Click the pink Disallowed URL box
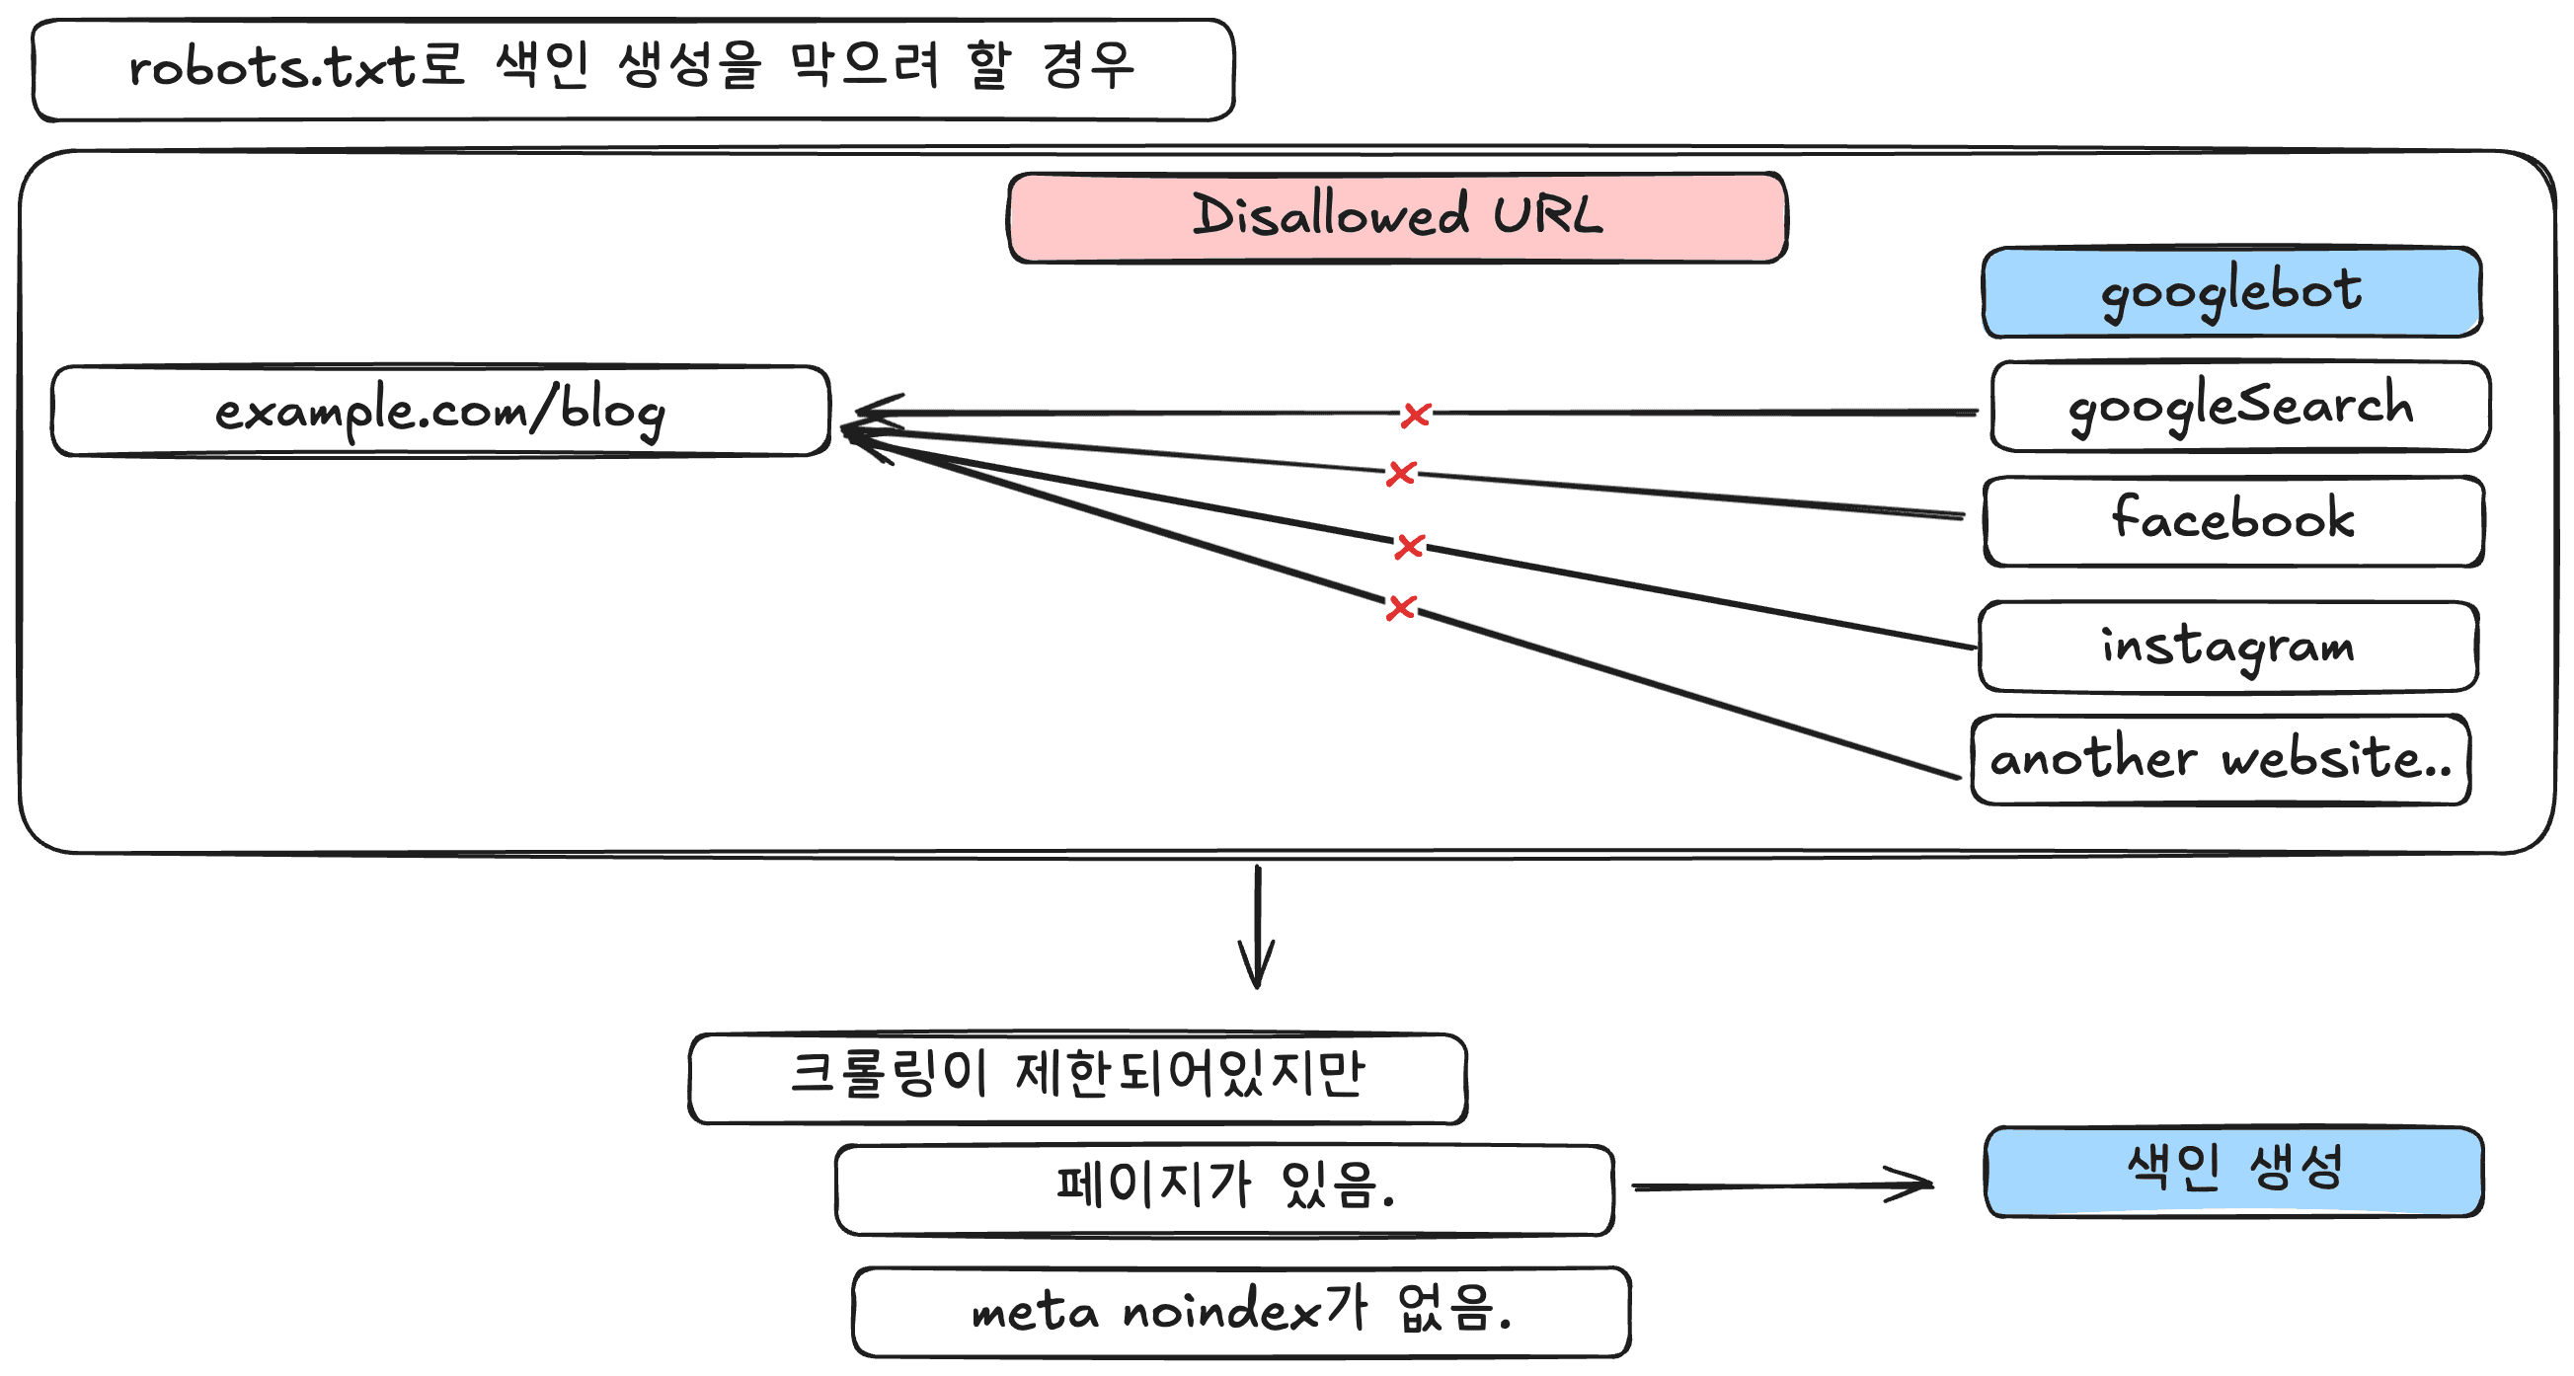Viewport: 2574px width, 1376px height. tap(1397, 218)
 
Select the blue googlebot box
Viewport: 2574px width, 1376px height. tap(2232, 292)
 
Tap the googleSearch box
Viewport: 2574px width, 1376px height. tap(2240, 407)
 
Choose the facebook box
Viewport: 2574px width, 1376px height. tap(2234, 521)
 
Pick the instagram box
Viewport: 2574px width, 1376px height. tap(2228, 647)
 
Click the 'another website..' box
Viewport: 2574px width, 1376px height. tap(2221, 759)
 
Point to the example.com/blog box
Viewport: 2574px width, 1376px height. tap(440, 411)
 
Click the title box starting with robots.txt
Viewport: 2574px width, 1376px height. tap(634, 70)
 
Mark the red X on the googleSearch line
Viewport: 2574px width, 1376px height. tap(1416, 415)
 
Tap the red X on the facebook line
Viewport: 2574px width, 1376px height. tap(1401, 473)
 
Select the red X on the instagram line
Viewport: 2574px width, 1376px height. tap(1409, 546)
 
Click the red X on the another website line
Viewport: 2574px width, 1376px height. tap(1401, 606)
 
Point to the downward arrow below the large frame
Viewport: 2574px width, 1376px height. tap(1257, 927)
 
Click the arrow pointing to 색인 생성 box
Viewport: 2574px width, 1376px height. tap(1782, 1185)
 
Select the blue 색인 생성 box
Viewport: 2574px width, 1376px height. tap(2234, 1172)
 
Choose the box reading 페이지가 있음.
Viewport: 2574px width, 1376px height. tap(1225, 1190)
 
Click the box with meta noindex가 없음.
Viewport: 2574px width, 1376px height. tap(1242, 1312)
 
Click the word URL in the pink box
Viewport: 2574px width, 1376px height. tap(1548, 216)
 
